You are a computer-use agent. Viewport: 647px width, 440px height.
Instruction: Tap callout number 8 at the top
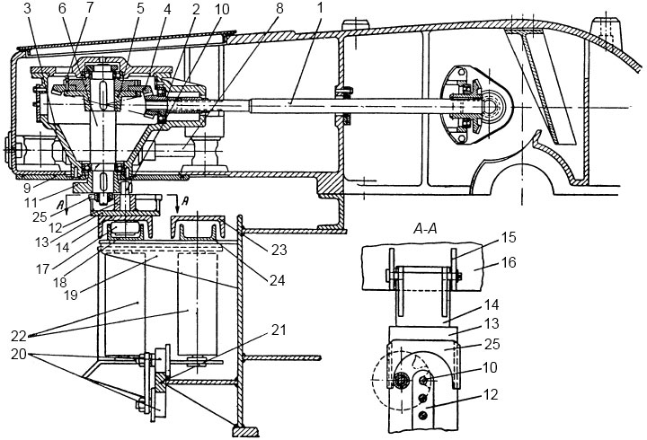(x=279, y=9)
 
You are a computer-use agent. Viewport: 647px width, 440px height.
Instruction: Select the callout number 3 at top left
(x=28, y=9)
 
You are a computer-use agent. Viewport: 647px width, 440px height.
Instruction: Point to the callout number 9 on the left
(x=27, y=188)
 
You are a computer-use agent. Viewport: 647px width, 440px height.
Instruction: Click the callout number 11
(x=43, y=202)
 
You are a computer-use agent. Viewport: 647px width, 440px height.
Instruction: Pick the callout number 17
(x=42, y=268)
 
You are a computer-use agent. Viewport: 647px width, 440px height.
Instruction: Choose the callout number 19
(x=71, y=295)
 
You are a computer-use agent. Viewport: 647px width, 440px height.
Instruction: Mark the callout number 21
(x=279, y=330)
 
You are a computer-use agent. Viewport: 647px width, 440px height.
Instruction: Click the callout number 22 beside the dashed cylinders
(x=19, y=336)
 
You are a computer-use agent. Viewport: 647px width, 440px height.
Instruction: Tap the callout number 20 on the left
(x=19, y=355)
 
